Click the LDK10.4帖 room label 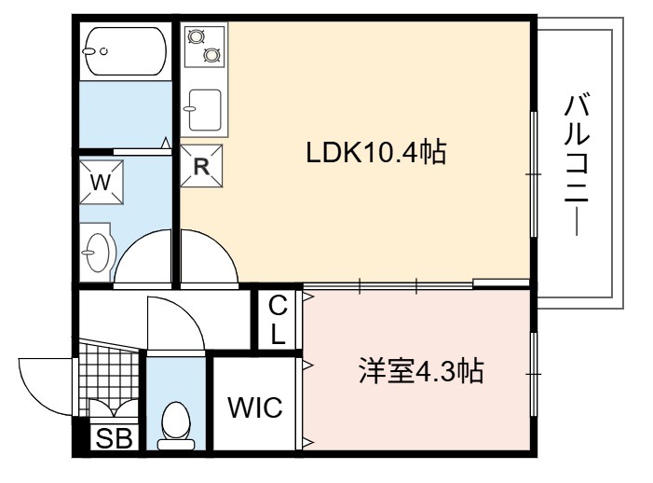click(376, 152)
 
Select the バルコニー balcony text click(577, 165)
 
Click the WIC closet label click(255, 407)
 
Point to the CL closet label click(278, 320)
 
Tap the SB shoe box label click(114, 438)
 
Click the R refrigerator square click(201, 166)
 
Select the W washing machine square click(102, 182)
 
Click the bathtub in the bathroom click(126, 51)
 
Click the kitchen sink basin click(205, 110)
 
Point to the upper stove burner click(196, 36)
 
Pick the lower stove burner click(212, 55)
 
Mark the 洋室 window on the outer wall click(533, 374)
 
